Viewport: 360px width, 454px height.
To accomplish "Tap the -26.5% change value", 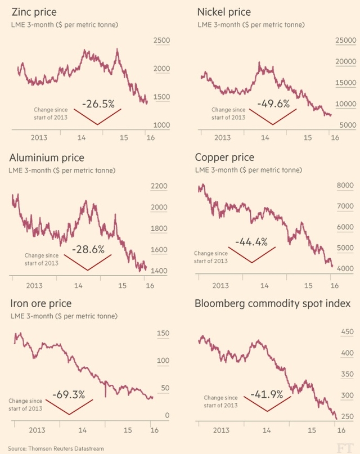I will tap(98, 104).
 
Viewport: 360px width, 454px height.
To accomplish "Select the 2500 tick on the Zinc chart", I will tap(161, 41).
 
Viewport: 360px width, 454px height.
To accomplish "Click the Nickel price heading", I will tap(224, 12).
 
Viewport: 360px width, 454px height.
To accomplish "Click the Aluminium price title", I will tap(47, 158).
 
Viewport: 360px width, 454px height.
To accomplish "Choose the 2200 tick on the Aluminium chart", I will tap(160, 186).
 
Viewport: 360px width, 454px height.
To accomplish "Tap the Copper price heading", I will tap(224, 157).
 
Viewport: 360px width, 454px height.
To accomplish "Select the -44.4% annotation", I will tap(255, 242).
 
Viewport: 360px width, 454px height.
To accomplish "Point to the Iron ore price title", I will tap(41, 304).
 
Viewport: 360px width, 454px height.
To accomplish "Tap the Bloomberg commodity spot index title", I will tap(273, 304).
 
